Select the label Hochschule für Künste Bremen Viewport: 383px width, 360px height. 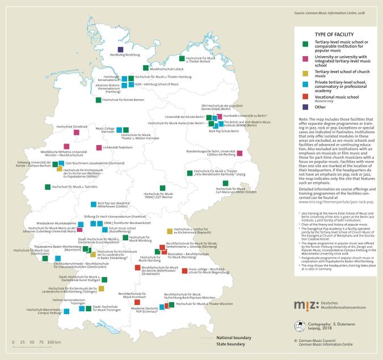coord(123,100)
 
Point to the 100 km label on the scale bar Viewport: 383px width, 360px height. coord(54,342)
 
